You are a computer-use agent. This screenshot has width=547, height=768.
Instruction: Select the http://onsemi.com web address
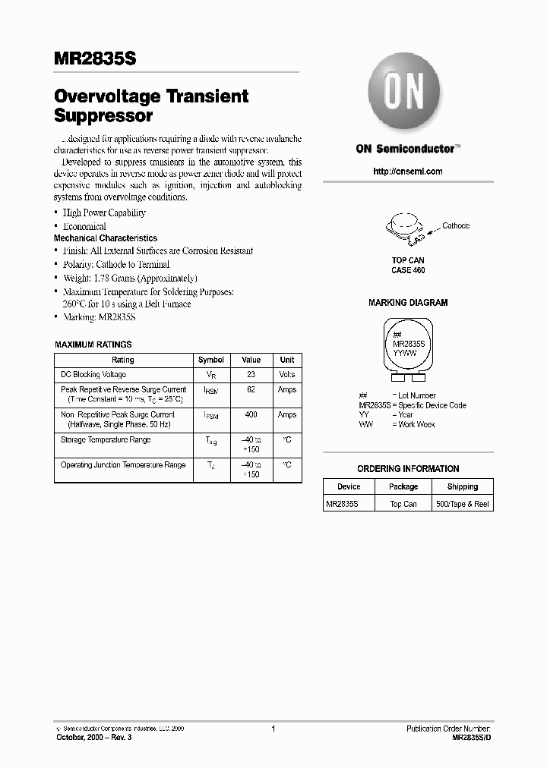tap(408, 172)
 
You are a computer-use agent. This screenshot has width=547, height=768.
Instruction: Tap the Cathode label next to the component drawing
tap(456, 226)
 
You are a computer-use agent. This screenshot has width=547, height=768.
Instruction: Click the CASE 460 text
tap(408, 270)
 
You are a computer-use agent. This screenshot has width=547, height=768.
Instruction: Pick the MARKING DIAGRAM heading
tap(408, 303)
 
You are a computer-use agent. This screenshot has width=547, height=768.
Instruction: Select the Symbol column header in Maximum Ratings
tap(210, 360)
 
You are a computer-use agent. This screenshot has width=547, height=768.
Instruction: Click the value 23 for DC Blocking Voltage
tap(251, 375)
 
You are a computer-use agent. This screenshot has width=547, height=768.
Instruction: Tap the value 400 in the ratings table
tap(251, 415)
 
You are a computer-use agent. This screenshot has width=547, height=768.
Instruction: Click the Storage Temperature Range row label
tap(106, 440)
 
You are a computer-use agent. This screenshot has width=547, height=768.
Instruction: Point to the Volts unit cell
tap(287, 375)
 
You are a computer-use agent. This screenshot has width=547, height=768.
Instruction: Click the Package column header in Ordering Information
tap(403, 487)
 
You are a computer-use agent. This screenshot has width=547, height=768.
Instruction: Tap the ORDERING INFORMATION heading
tap(408, 469)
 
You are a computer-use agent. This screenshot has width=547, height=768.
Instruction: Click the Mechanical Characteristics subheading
tap(106, 238)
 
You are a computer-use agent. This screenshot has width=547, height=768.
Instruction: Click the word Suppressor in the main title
tap(104, 117)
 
